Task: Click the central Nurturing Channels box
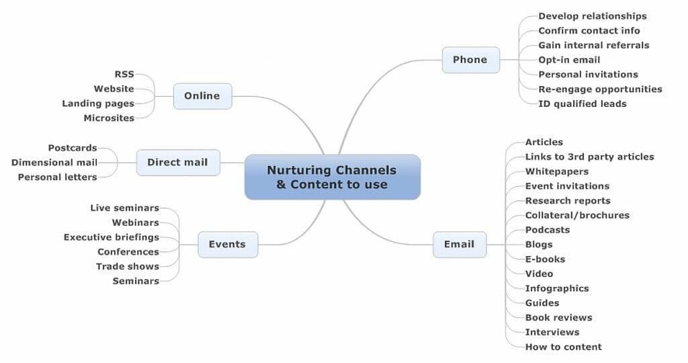point(333,177)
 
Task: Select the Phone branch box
point(471,60)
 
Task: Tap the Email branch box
point(460,245)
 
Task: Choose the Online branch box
point(203,96)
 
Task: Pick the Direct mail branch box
point(178,163)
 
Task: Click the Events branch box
point(228,245)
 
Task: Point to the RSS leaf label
point(124,74)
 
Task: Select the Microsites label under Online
point(109,118)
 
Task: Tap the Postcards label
point(73,148)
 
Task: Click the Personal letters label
point(58,177)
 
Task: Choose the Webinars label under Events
point(136,223)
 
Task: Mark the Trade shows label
point(128,266)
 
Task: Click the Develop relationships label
point(593,16)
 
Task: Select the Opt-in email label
point(569,60)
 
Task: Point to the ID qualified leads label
point(583,104)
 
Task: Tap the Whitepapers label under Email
point(557,171)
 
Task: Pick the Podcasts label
point(548,230)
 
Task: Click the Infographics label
point(557,288)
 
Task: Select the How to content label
point(564,347)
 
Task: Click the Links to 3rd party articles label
point(590,157)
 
